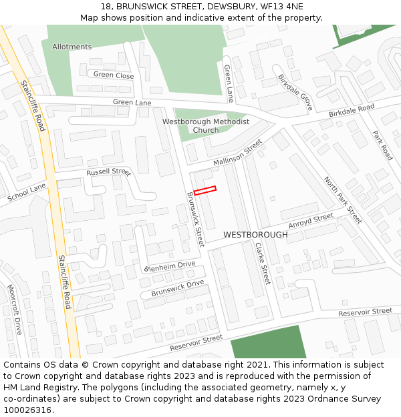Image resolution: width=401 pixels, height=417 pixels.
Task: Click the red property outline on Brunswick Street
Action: [x=205, y=190]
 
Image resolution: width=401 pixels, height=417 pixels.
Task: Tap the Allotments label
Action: [x=72, y=47]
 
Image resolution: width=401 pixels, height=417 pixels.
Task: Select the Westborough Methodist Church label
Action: [x=206, y=126]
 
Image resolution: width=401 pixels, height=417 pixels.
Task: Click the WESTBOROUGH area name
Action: [x=255, y=235]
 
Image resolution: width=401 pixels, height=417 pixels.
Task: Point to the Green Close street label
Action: [x=114, y=75]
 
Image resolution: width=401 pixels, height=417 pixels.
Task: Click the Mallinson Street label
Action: [x=237, y=153]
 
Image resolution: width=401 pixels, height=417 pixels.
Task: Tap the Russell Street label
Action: [x=108, y=172]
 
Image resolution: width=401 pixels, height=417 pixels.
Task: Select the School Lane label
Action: [x=26, y=193]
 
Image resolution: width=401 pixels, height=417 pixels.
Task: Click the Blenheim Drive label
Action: [x=170, y=266]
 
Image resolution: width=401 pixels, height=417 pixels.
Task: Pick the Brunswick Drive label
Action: [x=177, y=288]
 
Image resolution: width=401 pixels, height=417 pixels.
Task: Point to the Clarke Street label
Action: [x=262, y=263]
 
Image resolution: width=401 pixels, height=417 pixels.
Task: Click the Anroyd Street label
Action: [x=311, y=220]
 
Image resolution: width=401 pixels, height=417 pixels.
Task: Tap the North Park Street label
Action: [x=342, y=199]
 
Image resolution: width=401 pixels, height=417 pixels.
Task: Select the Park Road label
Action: [x=382, y=145]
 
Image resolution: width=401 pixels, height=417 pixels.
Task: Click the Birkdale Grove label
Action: [x=295, y=92]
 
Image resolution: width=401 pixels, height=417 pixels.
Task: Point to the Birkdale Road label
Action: [x=352, y=111]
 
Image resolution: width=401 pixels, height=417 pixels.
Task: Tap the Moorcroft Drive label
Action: [x=15, y=310]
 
